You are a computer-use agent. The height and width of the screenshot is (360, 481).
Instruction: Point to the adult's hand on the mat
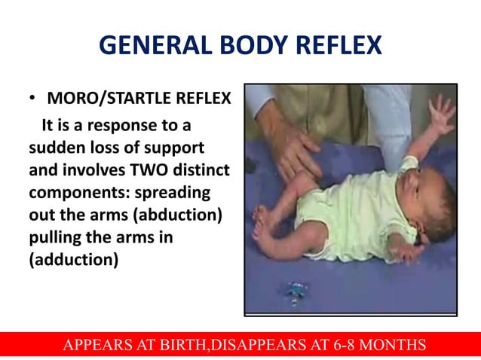290,143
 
